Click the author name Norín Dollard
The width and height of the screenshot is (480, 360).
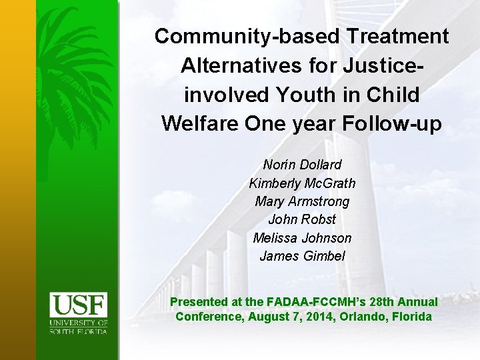(x=302, y=165)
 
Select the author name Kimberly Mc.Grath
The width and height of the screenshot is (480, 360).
(x=302, y=183)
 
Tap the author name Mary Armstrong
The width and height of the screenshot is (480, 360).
(x=302, y=201)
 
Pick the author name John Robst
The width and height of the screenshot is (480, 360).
(x=302, y=219)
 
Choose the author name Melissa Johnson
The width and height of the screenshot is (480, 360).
(x=302, y=237)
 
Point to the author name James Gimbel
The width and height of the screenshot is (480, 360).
(x=302, y=255)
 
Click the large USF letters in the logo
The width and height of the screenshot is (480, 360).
(x=79, y=307)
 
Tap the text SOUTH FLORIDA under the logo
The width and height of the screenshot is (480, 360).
(x=79, y=331)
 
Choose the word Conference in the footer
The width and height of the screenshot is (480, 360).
(x=208, y=317)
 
